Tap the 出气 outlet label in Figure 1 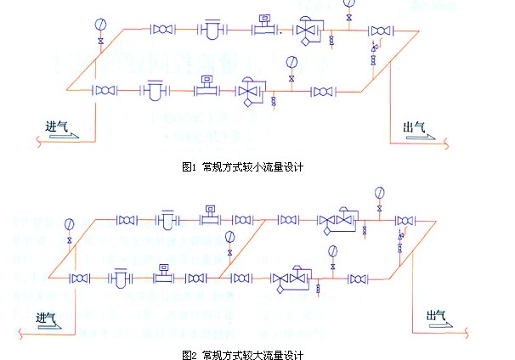tap(414, 127)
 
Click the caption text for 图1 tap(242, 167)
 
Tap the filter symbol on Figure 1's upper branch tap(208, 31)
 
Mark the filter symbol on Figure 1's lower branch tap(154, 89)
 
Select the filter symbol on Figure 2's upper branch tap(167, 219)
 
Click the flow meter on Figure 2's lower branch tap(161, 275)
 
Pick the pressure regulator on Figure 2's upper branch tap(337, 220)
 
